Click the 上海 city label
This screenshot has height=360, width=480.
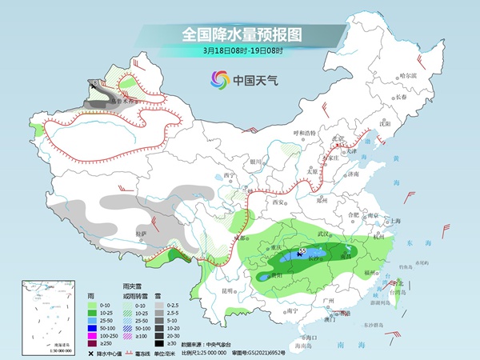point(394,221)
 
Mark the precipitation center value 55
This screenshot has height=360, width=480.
point(302,251)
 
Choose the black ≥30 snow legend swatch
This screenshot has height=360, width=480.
point(161,344)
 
